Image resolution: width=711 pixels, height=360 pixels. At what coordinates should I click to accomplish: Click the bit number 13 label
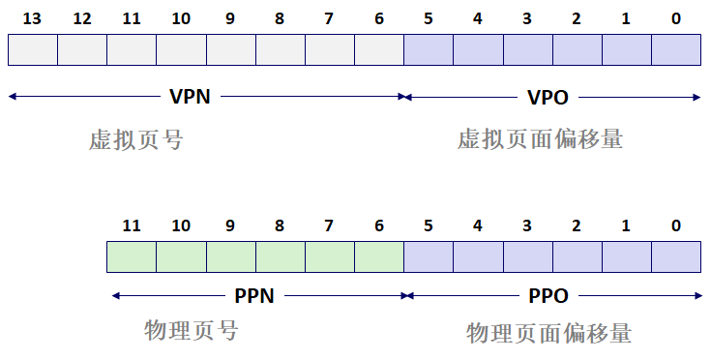coord(32,18)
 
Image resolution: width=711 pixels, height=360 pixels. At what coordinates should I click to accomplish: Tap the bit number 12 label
coord(81,18)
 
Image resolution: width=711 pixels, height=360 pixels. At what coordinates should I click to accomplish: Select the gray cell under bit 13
coord(32,49)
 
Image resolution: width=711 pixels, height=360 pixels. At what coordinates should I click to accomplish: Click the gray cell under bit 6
coord(378,49)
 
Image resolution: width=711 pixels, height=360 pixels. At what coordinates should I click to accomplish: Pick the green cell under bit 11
coord(132,256)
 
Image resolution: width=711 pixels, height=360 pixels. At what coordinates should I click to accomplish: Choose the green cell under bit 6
coord(378,256)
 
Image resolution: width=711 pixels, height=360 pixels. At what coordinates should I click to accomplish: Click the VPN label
coord(190,97)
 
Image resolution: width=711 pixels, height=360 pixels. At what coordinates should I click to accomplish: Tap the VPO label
coord(548,97)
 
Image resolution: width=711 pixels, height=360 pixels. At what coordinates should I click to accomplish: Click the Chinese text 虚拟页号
coord(135,139)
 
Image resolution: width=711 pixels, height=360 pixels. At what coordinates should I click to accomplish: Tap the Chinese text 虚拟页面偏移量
coord(540,139)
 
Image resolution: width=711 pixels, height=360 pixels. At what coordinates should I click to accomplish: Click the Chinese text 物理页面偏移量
coord(548,333)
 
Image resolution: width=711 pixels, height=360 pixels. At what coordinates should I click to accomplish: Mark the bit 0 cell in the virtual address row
coord(675,49)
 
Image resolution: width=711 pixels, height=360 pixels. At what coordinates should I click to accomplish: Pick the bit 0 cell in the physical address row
coord(675,256)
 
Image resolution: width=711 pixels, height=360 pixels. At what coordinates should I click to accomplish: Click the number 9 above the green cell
coord(230,225)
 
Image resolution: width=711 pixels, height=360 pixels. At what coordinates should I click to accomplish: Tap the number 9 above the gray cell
coord(230,18)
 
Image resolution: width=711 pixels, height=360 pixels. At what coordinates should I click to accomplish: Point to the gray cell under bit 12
coord(81,49)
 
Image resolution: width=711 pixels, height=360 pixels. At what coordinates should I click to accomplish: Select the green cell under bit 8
coord(280,256)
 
